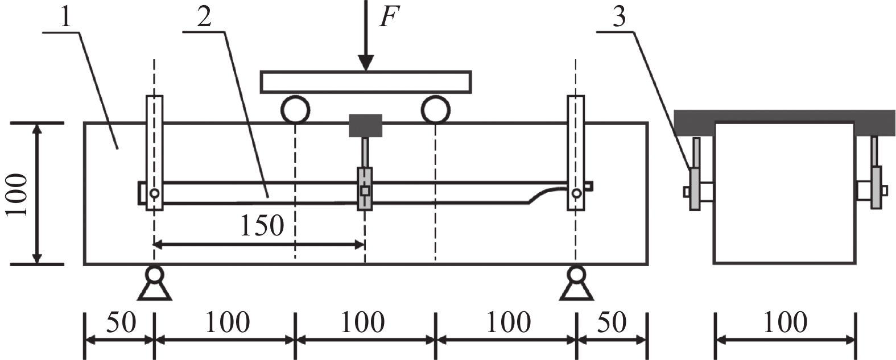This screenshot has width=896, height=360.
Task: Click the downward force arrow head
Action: coord(366,63)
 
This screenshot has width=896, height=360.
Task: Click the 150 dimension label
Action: coord(261,226)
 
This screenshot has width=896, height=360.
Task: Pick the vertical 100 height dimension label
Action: coord(17,194)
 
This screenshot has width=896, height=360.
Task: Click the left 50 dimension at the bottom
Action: coord(121,322)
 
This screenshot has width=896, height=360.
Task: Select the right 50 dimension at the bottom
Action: coord(611,322)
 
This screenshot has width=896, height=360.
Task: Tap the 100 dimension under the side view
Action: coord(784,322)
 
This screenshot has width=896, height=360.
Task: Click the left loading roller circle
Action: coord(295,110)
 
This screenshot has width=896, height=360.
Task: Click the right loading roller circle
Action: coord(436,110)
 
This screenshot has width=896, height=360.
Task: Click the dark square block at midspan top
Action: coord(365,126)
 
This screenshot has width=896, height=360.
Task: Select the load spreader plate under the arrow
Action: coord(366,81)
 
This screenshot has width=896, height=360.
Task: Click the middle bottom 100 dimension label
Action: coord(363,322)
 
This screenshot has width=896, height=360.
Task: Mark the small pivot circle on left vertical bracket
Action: coord(154,193)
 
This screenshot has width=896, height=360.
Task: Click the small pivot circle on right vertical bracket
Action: coord(576,193)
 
